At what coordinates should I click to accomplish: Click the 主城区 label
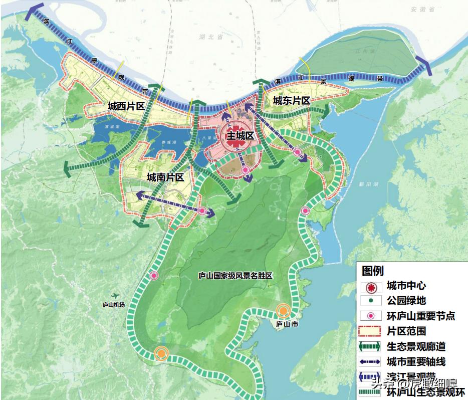click(x=241, y=136)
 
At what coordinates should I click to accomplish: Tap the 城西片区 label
click(x=126, y=106)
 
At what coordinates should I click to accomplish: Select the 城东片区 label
click(x=291, y=101)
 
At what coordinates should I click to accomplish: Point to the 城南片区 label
click(x=165, y=177)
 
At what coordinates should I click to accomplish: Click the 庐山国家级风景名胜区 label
click(x=235, y=276)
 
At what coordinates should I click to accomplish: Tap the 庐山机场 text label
click(x=114, y=304)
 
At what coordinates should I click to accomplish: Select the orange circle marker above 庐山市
click(x=283, y=311)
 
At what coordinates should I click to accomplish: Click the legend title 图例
click(x=373, y=271)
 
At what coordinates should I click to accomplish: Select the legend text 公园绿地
click(x=406, y=301)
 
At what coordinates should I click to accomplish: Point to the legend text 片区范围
click(x=406, y=331)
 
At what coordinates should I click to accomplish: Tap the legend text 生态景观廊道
click(x=416, y=346)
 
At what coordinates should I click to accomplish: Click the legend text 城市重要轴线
click(x=416, y=361)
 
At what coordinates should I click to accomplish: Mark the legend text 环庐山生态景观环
click(x=426, y=391)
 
